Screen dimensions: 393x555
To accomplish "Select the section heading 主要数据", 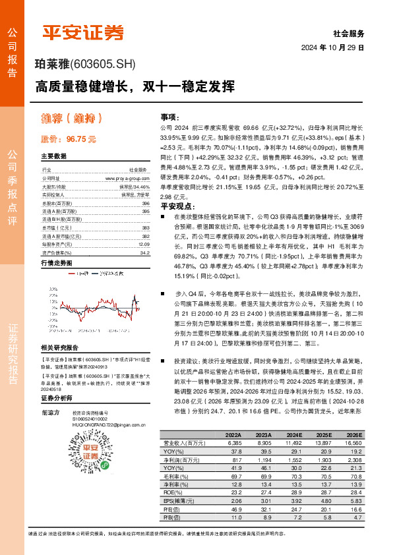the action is pyautogui.click(x=54, y=156).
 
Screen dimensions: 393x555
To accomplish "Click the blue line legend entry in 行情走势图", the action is pyautogui.click(x=82, y=272).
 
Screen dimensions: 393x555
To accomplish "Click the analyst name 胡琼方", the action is pyautogui.click(x=50, y=412).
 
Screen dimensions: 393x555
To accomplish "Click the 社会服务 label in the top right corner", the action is pyautogui.click(x=349, y=32).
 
